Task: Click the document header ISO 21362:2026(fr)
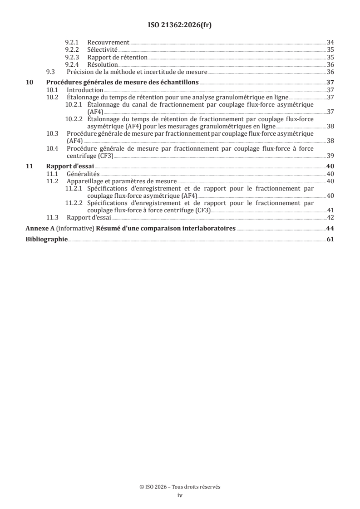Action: pos(180,25)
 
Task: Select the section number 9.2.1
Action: pos(73,42)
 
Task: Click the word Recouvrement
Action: pos(108,42)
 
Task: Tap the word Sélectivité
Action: pos(103,50)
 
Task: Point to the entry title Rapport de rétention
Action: pos(117,58)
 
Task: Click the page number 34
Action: pos(330,42)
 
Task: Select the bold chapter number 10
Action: pos(29,82)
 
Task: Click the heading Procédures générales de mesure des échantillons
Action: pos(123,82)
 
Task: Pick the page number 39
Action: pos(330,156)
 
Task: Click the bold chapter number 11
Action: pos(29,166)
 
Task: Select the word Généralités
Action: pos(83,174)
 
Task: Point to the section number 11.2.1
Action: pos(74,189)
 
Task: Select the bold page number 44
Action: pos(330,229)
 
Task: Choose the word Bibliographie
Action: pos(46,240)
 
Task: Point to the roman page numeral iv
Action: pos(180,495)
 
